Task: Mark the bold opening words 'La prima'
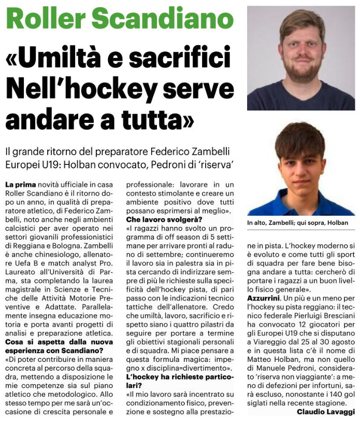[x=19, y=184]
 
